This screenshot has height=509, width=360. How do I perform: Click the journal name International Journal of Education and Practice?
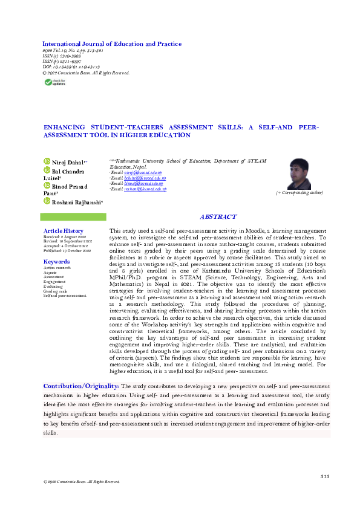pyautogui.click(x=111, y=44)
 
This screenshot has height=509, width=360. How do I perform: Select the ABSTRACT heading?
pyautogui.click(x=218, y=216)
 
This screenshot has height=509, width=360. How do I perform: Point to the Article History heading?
pyautogui.click(x=64, y=231)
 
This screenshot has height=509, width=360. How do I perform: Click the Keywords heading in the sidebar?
pyautogui.click(x=57, y=262)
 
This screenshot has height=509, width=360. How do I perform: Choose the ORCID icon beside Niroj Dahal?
pyautogui.click(x=46, y=161)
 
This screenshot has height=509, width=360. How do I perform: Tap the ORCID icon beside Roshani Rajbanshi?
pyautogui.click(x=46, y=201)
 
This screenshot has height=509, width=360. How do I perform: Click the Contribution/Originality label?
pyautogui.click(x=81, y=386)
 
